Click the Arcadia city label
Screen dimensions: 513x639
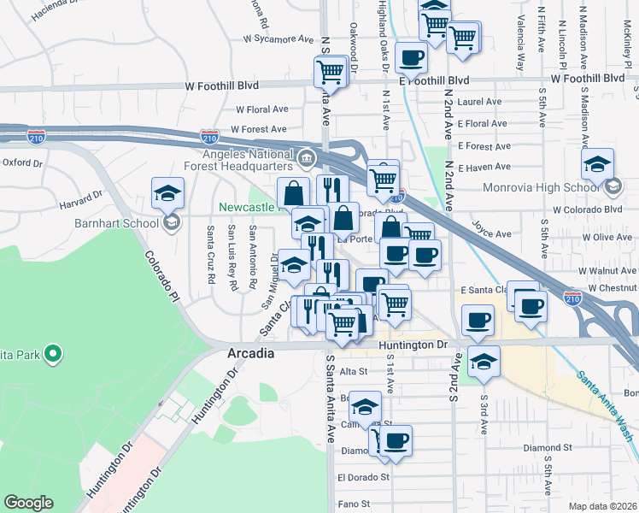[250, 353]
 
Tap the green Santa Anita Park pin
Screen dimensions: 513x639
[52, 352]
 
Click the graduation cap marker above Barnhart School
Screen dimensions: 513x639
[168, 194]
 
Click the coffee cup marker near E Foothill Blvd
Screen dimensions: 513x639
[412, 58]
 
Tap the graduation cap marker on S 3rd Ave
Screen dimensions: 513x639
[484, 362]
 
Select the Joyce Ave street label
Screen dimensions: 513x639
[492, 233]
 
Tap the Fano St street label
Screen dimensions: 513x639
[353, 504]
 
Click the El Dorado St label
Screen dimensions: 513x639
[362, 477]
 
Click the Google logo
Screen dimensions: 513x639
[28, 503]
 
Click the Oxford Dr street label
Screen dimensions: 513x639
[21, 162]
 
